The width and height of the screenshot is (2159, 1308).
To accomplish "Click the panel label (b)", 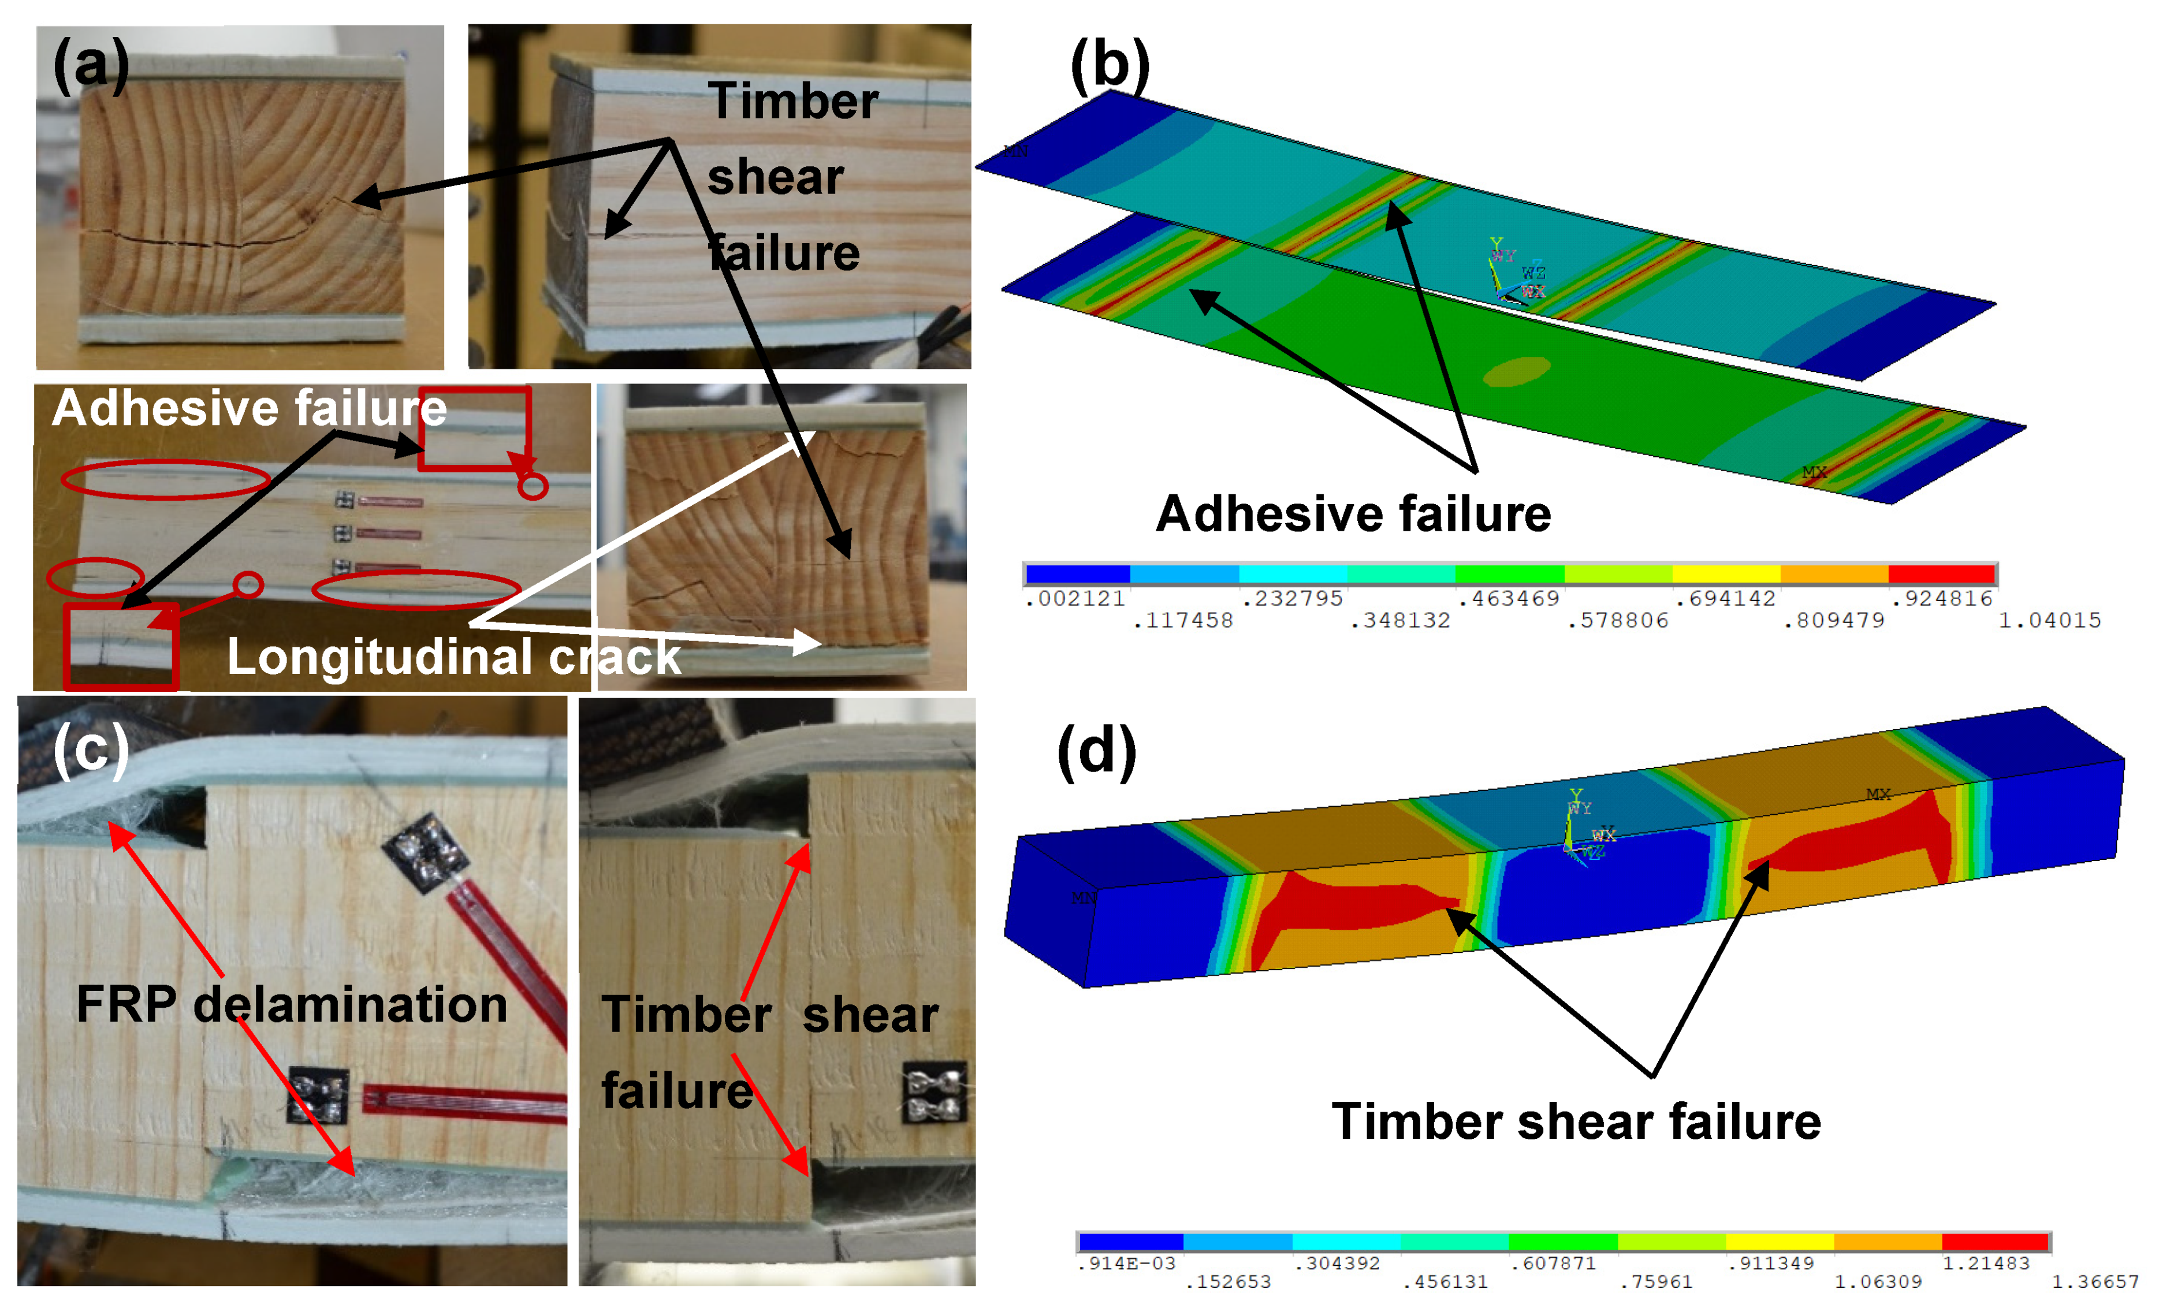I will [x=1110, y=66].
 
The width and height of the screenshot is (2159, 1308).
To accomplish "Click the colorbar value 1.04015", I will [x=2049, y=620].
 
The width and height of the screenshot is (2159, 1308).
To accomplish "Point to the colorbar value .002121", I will [x=1074, y=598].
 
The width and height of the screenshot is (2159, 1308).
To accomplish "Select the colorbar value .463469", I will [x=1509, y=598].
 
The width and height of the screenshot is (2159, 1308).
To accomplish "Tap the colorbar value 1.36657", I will [x=2095, y=1281].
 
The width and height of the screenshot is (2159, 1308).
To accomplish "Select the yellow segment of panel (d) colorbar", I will [x=1779, y=1242].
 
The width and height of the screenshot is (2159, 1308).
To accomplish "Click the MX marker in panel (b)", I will [x=1814, y=472].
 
